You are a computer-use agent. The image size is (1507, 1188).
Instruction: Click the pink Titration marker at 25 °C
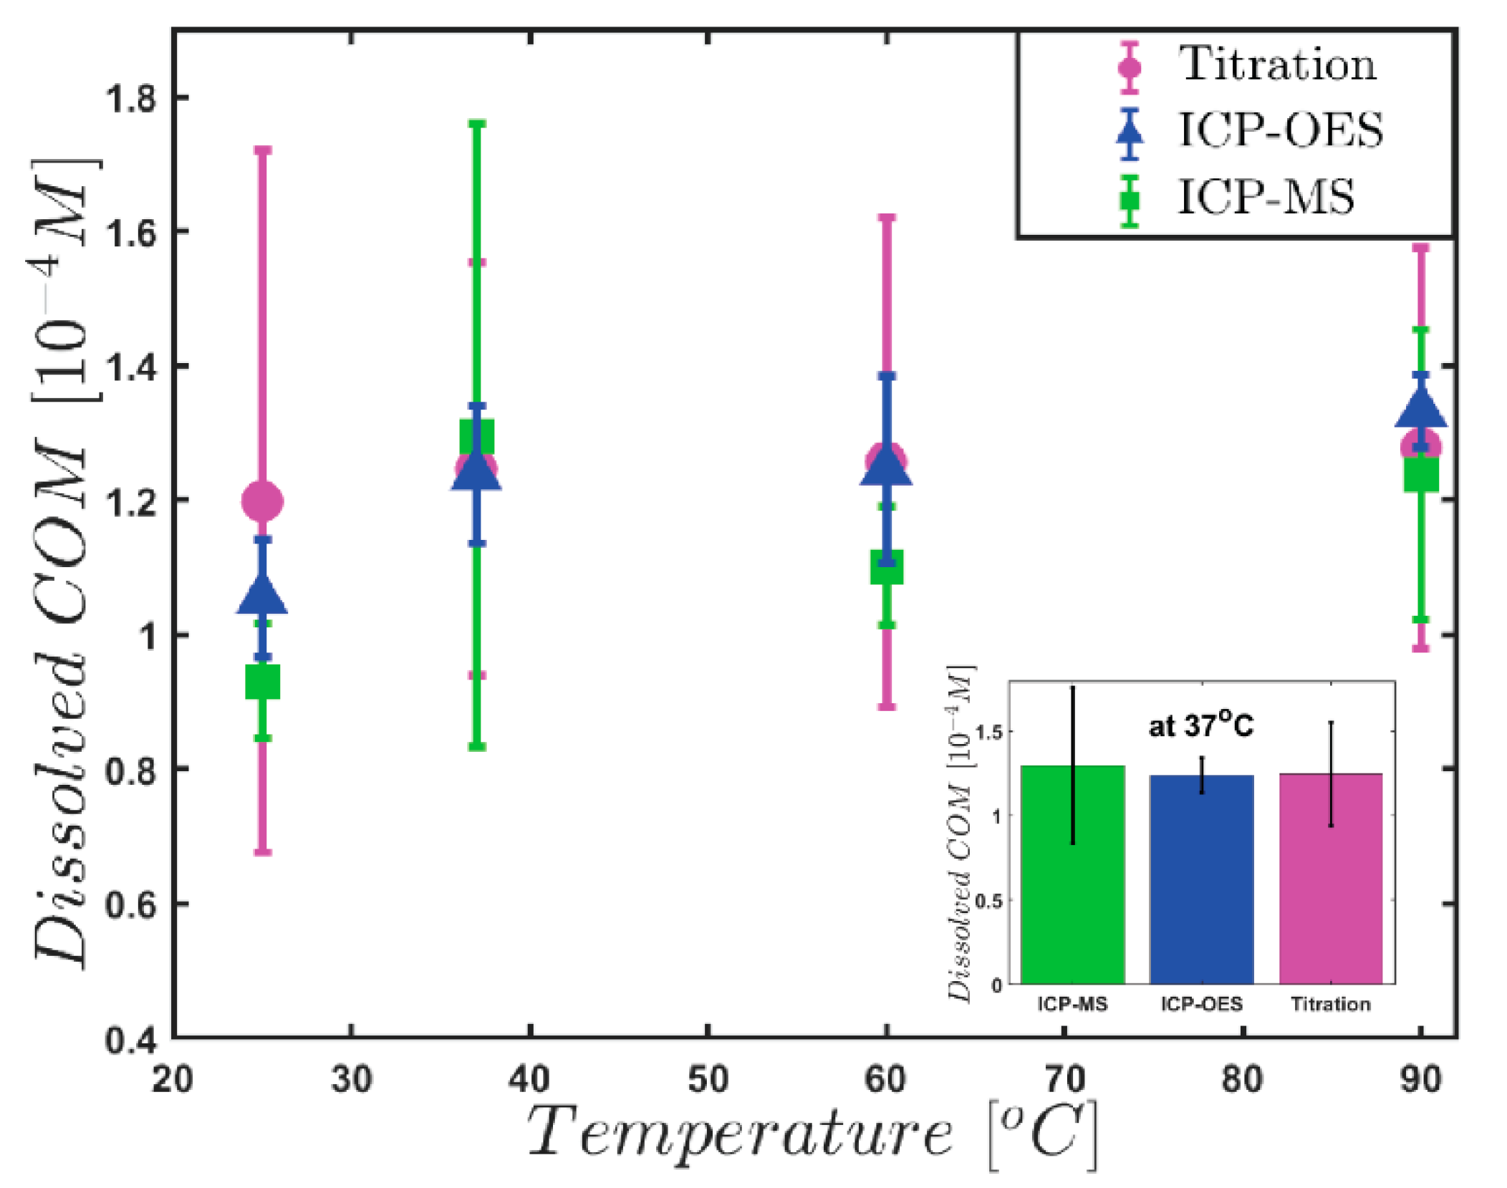(x=262, y=501)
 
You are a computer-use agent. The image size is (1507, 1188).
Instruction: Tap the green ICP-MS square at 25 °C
(x=262, y=681)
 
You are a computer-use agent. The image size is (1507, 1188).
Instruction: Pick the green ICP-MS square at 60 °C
(x=886, y=567)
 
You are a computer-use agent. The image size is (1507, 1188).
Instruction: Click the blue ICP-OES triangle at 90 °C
(x=1420, y=410)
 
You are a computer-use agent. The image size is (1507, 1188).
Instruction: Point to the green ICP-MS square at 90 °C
(x=1420, y=474)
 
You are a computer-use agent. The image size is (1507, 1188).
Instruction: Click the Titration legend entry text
(x=1277, y=64)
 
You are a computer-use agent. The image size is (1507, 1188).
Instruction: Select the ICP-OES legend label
(x=1280, y=130)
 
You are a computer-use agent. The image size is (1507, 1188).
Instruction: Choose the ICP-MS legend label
(x=1266, y=197)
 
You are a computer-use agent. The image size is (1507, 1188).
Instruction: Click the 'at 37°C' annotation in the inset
(x=1200, y=726)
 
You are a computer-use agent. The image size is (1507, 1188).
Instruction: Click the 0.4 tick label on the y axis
(x=130, y=1040)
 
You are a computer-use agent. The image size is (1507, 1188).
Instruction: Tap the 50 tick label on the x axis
(x=707, y=1078)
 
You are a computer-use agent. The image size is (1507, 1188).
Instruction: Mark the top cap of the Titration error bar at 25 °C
(x=263, y=150)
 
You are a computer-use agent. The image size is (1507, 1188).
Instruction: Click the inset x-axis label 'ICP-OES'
(x=1201, y=1004)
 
